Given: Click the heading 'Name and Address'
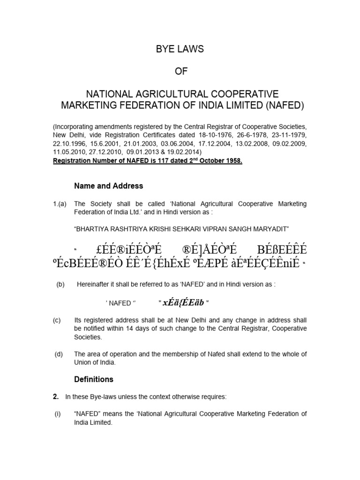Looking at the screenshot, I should pos(108,186).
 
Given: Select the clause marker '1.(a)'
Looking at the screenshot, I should pos(60,204).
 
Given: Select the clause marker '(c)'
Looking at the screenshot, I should pos(57,320).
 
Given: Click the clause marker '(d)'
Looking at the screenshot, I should pos(58,354).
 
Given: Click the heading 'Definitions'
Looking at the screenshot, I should pos(94,379).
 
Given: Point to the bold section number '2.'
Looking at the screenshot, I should pos(55,397).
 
